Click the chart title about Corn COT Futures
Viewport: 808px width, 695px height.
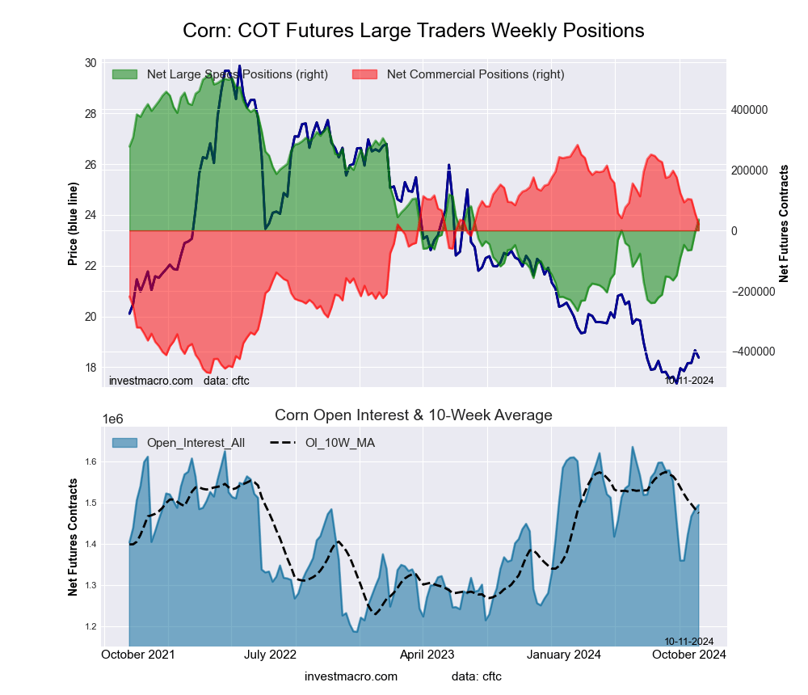[x=413, y=31]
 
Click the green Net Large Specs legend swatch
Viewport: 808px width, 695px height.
[x=125, y=74]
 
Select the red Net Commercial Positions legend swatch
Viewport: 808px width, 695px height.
[x=365, y=74]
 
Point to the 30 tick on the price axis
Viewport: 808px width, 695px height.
[x=90, y=63]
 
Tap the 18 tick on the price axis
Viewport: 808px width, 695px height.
[x=90, y=367]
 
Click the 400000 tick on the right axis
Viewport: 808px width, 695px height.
[x=747, y=110]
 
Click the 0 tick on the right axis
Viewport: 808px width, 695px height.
[x=734, y=231]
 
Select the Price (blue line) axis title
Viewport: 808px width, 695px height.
[x=73, y=224]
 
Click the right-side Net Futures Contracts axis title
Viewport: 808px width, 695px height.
[x=783, y=224]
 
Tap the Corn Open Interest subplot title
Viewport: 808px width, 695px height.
[x=413, y=415]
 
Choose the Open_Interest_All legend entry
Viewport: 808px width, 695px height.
[x=179, y=443]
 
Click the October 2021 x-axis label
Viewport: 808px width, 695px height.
[x=140, y=655]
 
